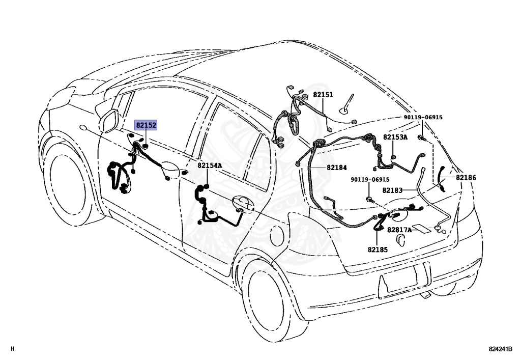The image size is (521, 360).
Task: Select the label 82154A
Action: (x=210, y=166)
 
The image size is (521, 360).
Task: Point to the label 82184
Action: (x=336, y=168)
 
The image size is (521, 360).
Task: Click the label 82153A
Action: (x=395, y=137)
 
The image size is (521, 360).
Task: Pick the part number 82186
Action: (x=466, y=178)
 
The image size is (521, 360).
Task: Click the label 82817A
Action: (x=399, y=230)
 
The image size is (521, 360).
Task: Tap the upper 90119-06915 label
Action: (x=423, y=118)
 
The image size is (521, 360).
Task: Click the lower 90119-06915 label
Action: (x=370, y=180)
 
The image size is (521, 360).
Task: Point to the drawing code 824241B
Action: (x=500, y=349)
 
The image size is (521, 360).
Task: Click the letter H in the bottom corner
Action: (x=12, y=349)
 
